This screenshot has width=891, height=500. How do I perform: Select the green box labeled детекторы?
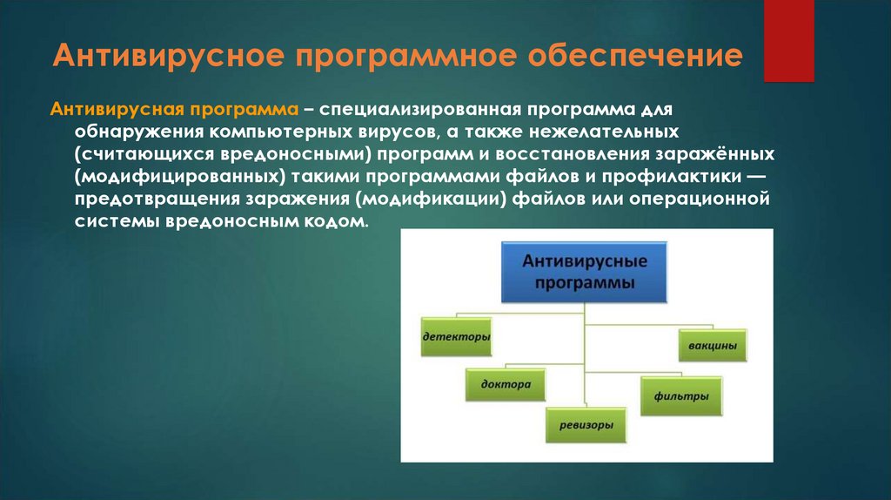[456, 335]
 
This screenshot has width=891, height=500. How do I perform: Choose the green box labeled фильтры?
[681, 396]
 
